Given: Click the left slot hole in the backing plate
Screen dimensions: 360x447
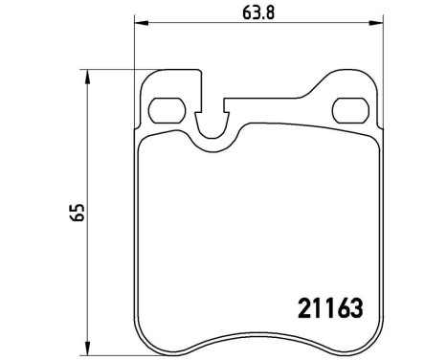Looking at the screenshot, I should click(168, 108).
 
